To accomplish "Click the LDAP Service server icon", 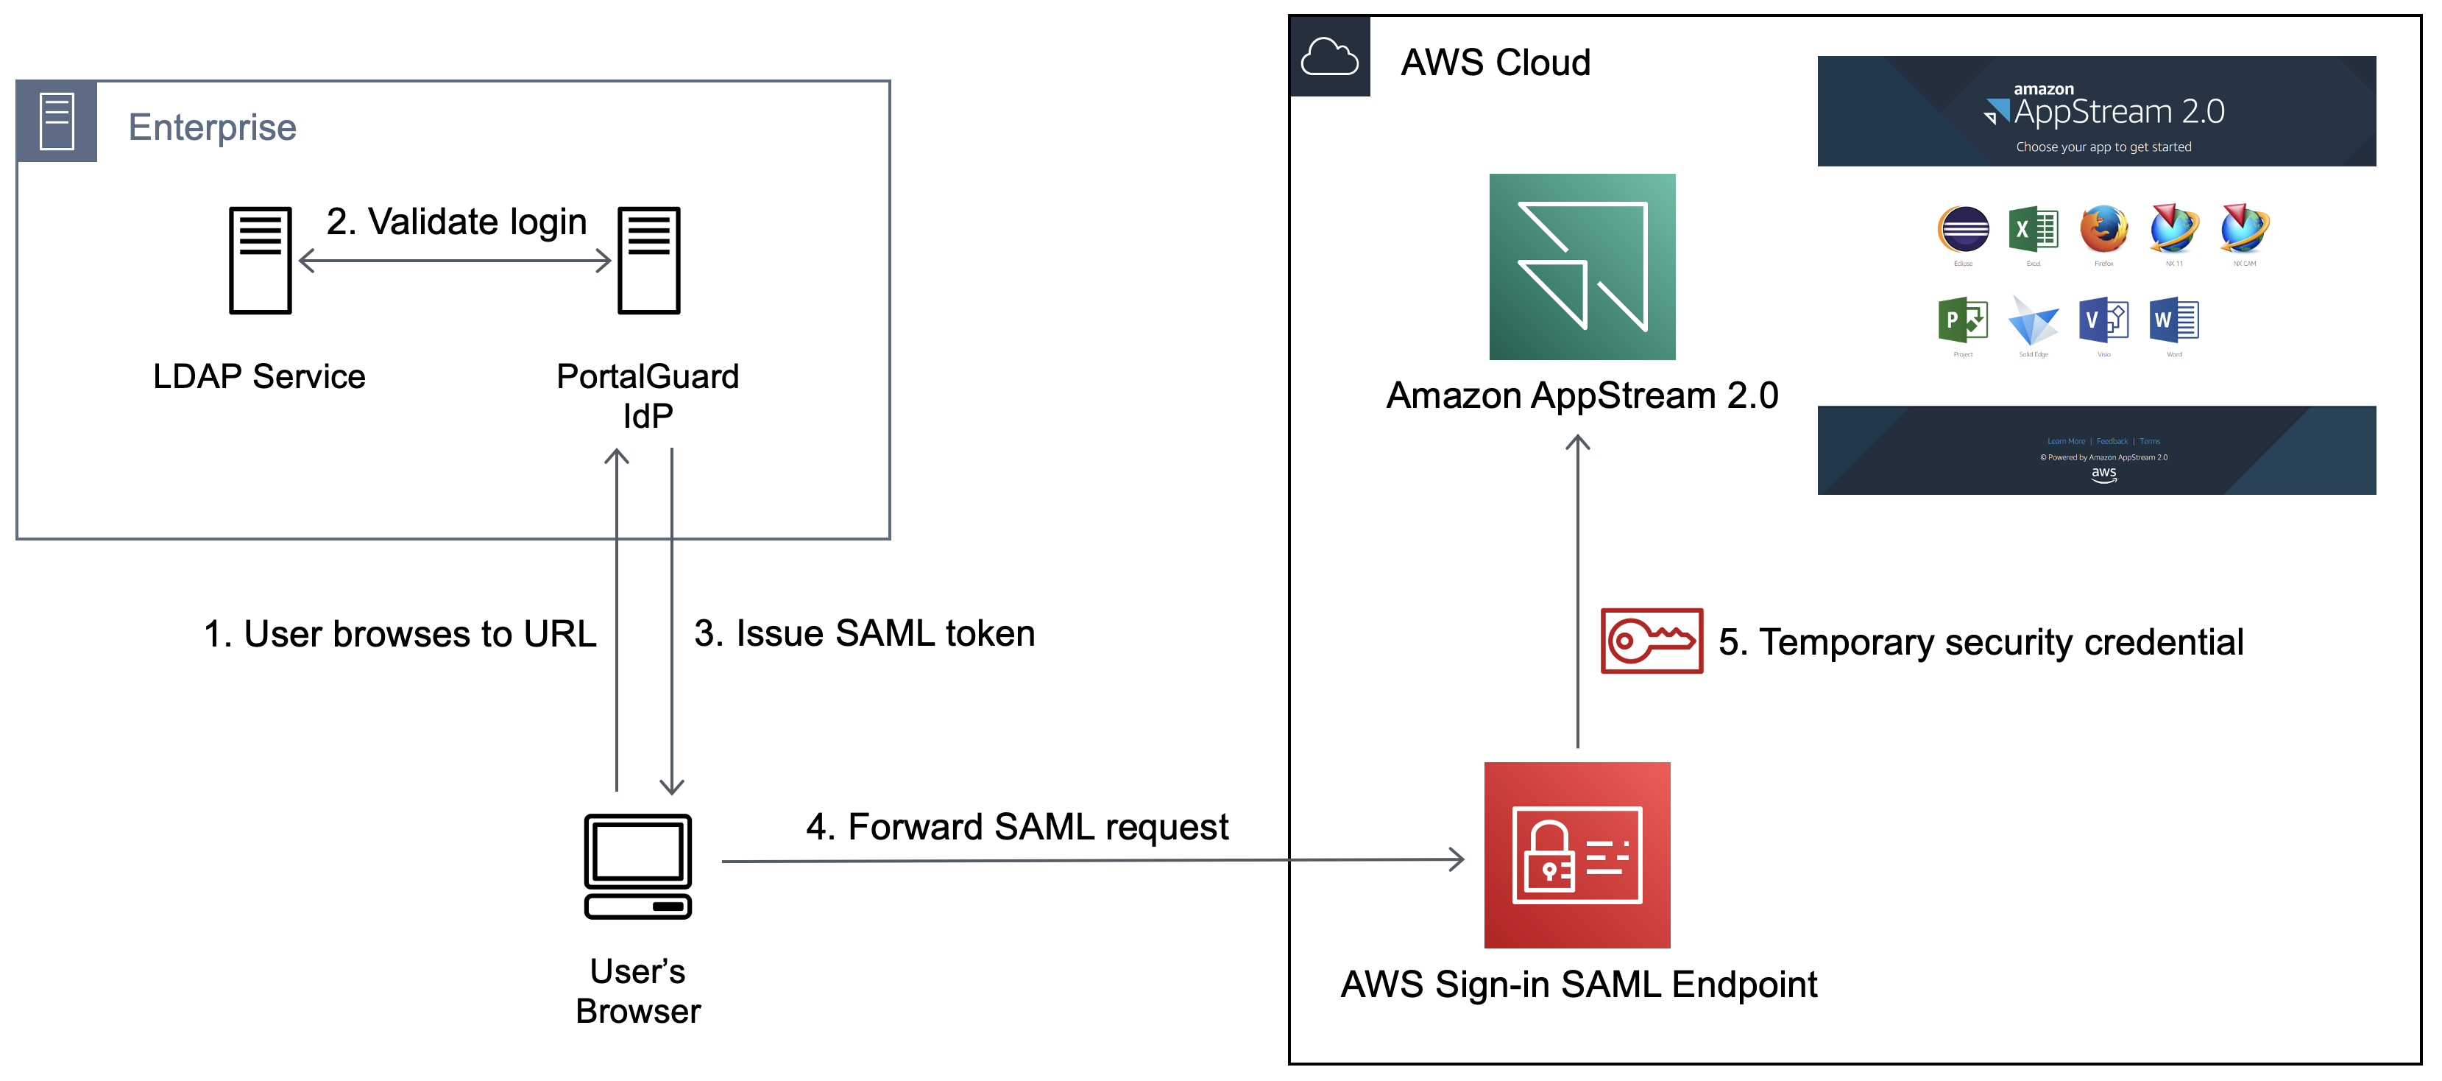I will pos(260,260).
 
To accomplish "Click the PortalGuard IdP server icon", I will pos(648,260).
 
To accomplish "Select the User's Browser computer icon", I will pos(638,866).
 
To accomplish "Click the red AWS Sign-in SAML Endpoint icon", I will pos(1576,854).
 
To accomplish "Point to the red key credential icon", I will pos(1652,641).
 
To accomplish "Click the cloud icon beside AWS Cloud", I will pos(1329,57).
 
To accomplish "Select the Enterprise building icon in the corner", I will pos(57,122).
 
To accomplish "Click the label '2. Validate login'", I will pos(456,222).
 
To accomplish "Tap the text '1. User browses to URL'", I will pos(400,634).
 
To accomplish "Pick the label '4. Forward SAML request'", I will pos(1016,827).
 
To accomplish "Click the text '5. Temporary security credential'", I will pos(1981,642).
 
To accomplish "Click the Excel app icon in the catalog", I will pos(2033,230).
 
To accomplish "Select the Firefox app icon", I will pos(2103,230).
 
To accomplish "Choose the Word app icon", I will pos(2173,320).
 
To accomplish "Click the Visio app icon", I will pos(2103,320).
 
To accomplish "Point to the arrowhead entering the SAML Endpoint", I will pos(1458,860).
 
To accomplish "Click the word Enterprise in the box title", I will pos(213,127).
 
